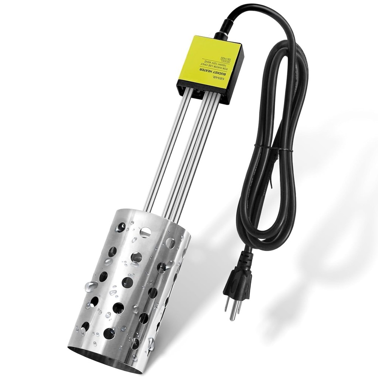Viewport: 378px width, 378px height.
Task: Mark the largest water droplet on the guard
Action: point(91,285)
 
